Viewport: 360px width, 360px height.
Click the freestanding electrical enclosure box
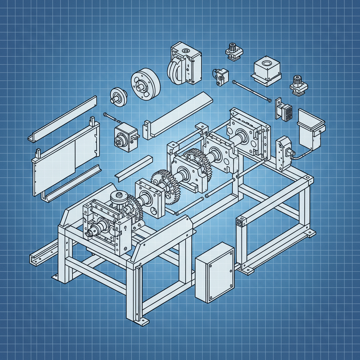214,272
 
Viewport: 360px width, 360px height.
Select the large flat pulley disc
146,84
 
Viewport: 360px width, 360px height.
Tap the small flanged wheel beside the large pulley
118,96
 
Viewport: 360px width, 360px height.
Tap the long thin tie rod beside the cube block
252,91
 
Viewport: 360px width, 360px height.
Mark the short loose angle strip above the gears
134,168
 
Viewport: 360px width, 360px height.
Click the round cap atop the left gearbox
118,197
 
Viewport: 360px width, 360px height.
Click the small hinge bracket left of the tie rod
220,77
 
